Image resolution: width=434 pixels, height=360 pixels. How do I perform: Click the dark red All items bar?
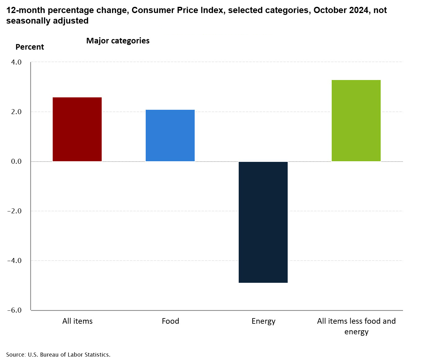coord(77,129)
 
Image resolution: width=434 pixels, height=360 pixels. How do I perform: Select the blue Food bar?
coord(170,136)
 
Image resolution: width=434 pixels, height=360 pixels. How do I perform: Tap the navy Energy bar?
coord(263,222)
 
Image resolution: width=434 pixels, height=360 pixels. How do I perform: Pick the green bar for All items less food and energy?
coord(356,121)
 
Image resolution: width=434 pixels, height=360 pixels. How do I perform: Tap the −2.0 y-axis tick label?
coord(15,211)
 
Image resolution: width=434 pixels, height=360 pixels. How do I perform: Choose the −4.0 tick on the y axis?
coord(15,260)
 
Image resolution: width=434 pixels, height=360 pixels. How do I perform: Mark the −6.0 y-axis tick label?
coord(15,310)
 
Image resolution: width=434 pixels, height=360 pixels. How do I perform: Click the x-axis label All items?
coord(77,321)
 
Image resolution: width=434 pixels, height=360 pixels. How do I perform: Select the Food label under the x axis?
coord(170,321)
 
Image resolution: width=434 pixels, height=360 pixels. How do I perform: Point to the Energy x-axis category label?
coord(263,321)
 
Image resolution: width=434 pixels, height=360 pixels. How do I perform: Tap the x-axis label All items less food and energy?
coord(356,326)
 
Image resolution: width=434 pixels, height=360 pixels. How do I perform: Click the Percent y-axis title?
coord(30,47)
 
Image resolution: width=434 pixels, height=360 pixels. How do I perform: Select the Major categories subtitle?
coord(118,41)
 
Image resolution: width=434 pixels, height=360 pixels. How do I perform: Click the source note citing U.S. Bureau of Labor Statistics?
coord(58,354)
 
